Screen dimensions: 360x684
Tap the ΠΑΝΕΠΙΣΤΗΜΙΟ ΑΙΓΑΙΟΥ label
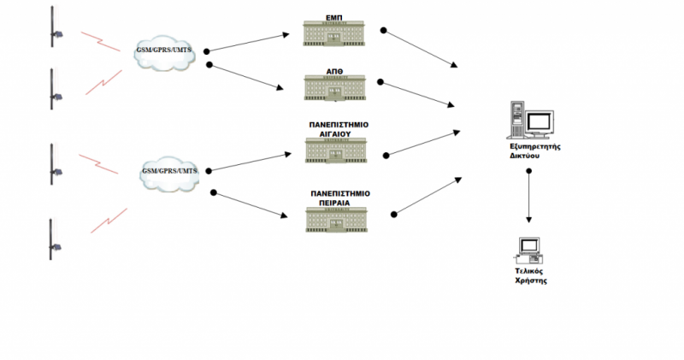[x=339, y=128]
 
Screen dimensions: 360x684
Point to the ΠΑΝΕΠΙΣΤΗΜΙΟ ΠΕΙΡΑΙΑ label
[x=339, y=198]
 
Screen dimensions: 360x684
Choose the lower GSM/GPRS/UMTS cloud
[x=168, y=172]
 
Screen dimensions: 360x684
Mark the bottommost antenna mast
[x=52, y=240]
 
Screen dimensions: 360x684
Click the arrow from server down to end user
[x=530, y=198]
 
